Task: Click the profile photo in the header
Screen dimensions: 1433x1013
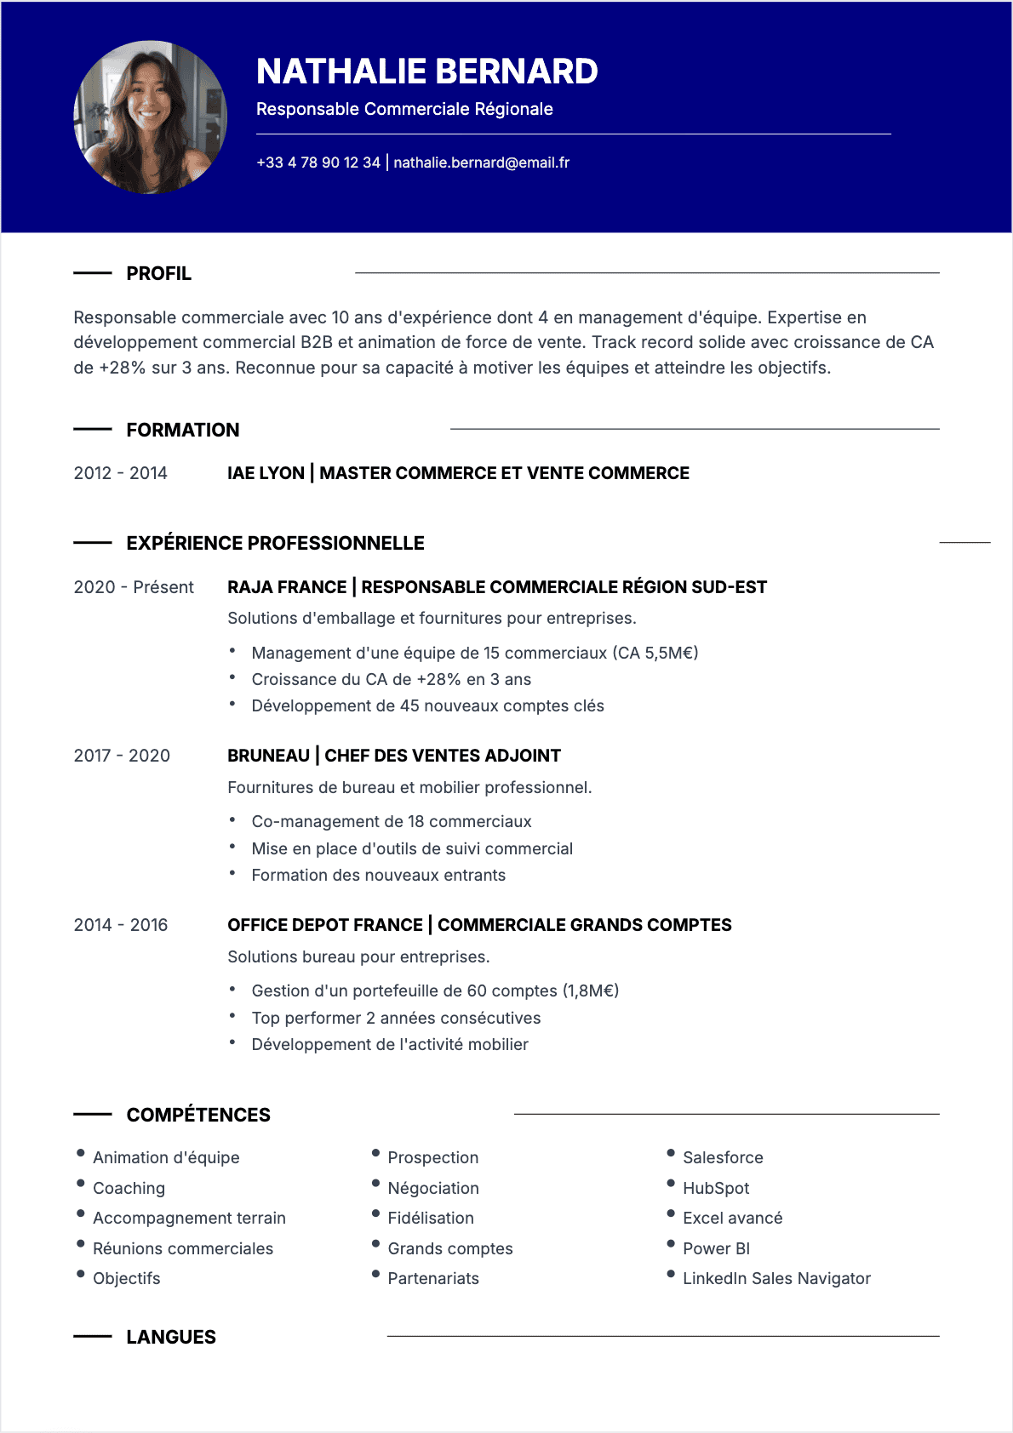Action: click(151, 117)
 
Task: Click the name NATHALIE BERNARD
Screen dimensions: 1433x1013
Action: click(426, 71)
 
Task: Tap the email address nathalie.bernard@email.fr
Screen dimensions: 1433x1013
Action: click(481, 163)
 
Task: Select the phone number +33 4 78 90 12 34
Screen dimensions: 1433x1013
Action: click(318, 163)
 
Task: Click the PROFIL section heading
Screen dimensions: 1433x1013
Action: click(158, 274)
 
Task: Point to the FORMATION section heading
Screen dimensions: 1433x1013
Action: click(182, 430)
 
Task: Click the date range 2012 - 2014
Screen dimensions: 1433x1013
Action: click(120, 473)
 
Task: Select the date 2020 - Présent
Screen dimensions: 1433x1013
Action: click(134, 587)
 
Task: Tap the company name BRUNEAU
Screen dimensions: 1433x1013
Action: click(268, 756)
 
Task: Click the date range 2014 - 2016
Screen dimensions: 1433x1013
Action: click(120, 925)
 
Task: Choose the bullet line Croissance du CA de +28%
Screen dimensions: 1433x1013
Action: click(391, 679)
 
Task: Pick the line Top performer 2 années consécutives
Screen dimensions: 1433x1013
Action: click(396, 1018)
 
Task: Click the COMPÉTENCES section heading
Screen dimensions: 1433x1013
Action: click(197, 1115)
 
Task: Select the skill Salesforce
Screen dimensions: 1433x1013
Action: click(723, 1157)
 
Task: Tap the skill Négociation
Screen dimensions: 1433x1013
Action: click(432, 1188)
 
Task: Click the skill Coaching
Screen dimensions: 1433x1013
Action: click(129, 1188)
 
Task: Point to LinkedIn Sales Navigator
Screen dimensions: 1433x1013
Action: click(776, 1278)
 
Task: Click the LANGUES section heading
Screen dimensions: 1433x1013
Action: click(170, 1337)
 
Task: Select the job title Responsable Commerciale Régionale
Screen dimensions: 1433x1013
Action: click(404, 109)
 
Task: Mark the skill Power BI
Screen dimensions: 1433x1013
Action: click(716, 1248)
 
